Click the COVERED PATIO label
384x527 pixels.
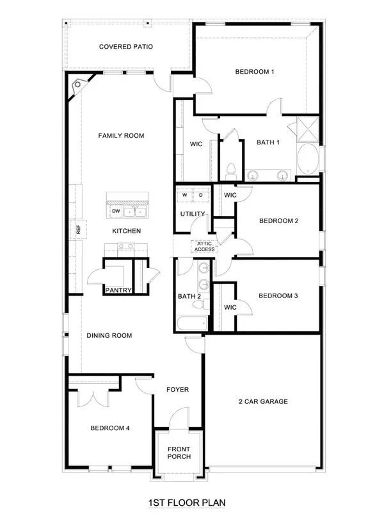(125, 47)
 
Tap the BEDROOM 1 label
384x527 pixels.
(254, 72)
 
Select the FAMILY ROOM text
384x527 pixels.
(120, 135)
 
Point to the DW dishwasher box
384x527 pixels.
(116, 211)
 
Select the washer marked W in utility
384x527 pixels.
(186, 194)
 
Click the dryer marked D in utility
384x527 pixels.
(200, 194)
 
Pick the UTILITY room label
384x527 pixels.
(193, 214)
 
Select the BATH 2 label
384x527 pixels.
(189, 296)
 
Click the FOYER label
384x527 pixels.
(177, 389)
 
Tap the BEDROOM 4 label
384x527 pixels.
(110, 428)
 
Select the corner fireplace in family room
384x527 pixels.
(78, 84)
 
